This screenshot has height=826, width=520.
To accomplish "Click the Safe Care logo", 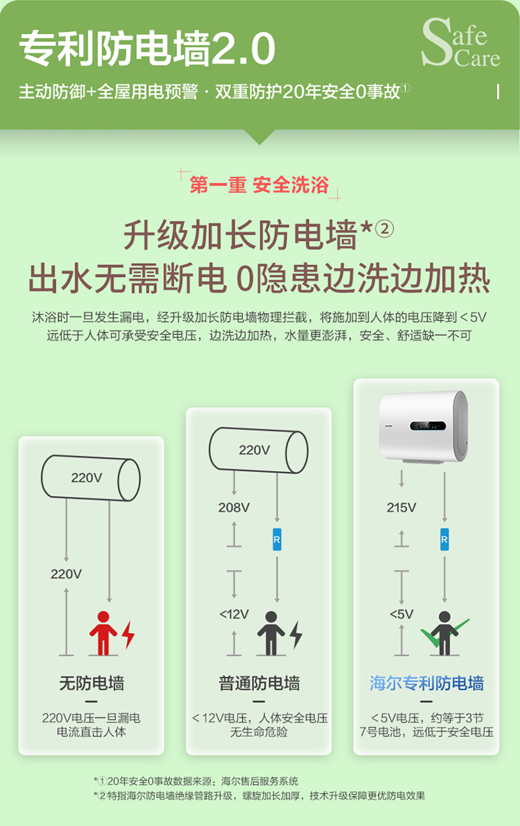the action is pyautogui.click(x=461, y=42).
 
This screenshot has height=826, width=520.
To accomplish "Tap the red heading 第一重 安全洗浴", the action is pyautogui.click(x=259, y=185).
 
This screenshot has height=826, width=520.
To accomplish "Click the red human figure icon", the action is pyautogui.click(x=103, y=633).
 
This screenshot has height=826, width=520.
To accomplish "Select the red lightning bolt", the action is pyautogui.click(x=128, y=634).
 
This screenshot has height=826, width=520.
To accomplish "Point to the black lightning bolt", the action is pyautogui.click(x=296, y=634).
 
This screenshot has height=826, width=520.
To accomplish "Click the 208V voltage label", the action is pyautogui.click(x=234, y=508).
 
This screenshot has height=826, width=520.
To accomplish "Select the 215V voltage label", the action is pyautogui.click(x=402, y=508).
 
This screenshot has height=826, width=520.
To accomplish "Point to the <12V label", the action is pyautogui.click(x=234, y=614).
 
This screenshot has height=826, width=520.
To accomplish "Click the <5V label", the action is pyautogui.click(x=402, y=614).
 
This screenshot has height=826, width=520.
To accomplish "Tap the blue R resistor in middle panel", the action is pyautogui.click(x=277, y=539).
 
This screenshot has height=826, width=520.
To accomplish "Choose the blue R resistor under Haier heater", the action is pyautogui.click(x=444, y=539).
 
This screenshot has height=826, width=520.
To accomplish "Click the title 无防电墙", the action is pyautogui.click(x=91, y=683).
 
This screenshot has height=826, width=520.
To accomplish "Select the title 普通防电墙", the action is pyautogui.click(x=259, y=683).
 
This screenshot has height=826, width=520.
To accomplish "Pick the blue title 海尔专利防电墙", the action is pyautogui.click(x=427, y=683).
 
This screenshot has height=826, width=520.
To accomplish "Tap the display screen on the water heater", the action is pyautogui.click(x=428, y=426).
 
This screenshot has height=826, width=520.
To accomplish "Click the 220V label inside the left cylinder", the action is pyautogui.click(x=87, y=478).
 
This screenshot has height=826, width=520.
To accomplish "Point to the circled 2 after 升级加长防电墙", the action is pyautogui.click(x=384, y=229).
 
